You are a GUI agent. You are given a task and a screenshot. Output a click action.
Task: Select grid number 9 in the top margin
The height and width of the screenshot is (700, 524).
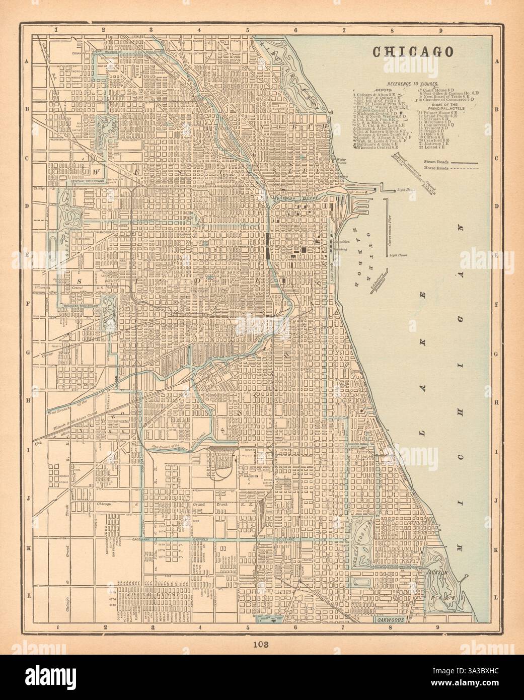coord(440,30)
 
